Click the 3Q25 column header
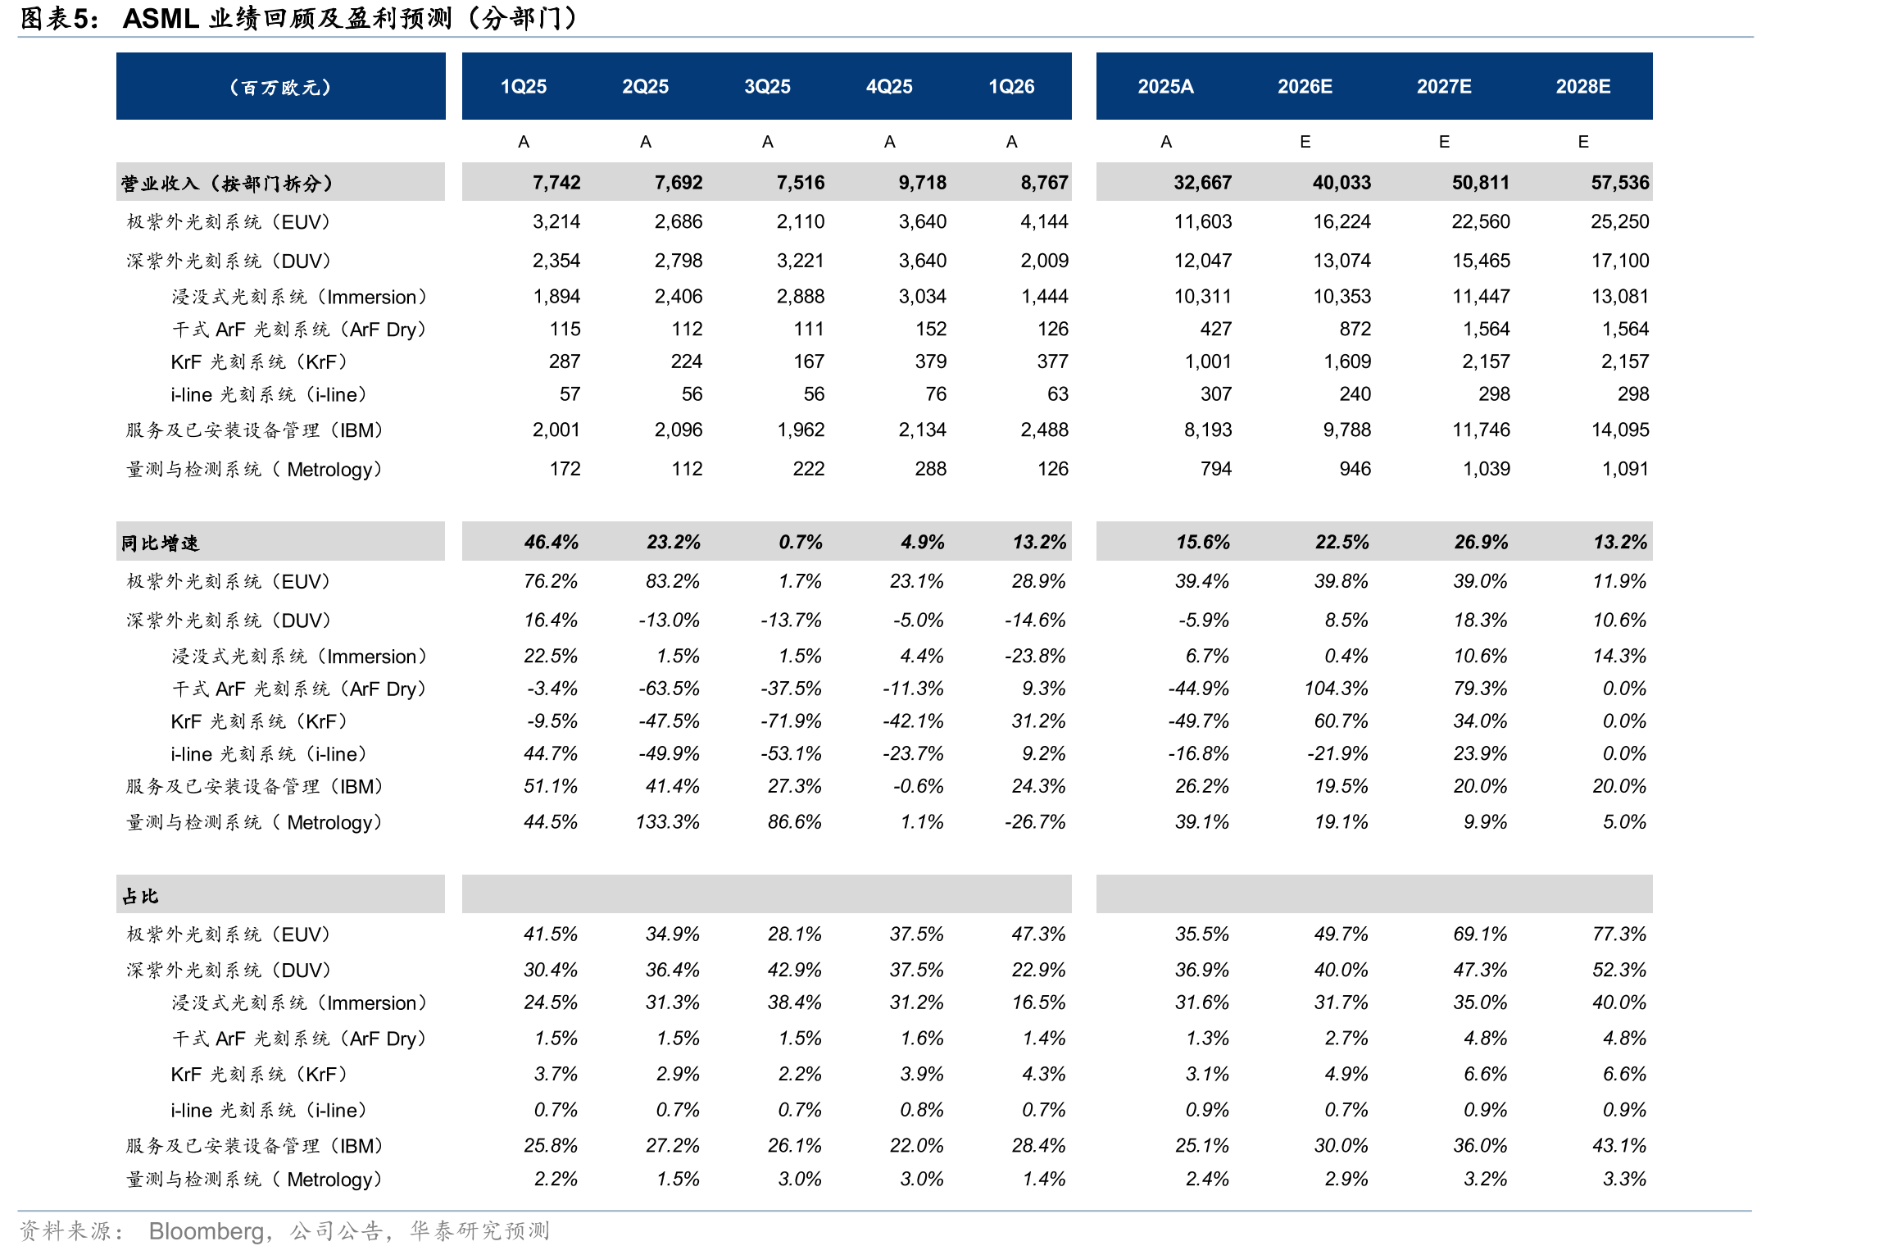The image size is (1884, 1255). pyautogui.click(x=767, y=87)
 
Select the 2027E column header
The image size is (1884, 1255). pyautogui.click(x=1444, y=87)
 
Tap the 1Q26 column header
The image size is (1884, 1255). pyautogui.click(x=1011, y=87)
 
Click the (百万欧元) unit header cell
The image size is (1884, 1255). pyautogui.click(x=280, y=87)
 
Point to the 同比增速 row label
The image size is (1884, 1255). pyautogui.click(x=160, y=543)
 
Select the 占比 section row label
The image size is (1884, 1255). pyautogui.click(x=140, y=896)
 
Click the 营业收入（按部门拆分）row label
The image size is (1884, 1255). pyautogui.click(x=227, y=183)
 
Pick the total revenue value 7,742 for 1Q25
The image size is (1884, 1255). pyautogui.click(x=556, y=183)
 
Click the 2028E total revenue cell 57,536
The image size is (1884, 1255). pyautogui.click(x=1620, y=183)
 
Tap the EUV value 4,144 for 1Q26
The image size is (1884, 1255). pyautogui.click(x=1045, y=221)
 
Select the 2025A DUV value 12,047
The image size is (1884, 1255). pyautogui.click(x=1203, y=261)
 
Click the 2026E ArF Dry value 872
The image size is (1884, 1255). pyautogui.click(x=1355, y=329)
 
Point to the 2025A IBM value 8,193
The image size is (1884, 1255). pyautogui.click(x=1208, y=430)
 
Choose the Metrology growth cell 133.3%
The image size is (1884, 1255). pyautogui.click(x=668, y=821)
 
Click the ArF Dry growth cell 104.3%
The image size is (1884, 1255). pyautogui.click(x=1337, y=689)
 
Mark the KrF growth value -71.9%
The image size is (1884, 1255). pyautogui.click(x=791, y=721)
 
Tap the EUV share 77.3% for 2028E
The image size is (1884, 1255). pyautogui.click(x=1619, y=934)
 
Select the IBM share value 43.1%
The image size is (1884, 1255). pyautogui.click(x=1619, y=1145)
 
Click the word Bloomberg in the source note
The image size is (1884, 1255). pyautogui.click(x=206, y=1230)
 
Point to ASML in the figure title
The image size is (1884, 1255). pyautogui.click(x=161, y=18)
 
